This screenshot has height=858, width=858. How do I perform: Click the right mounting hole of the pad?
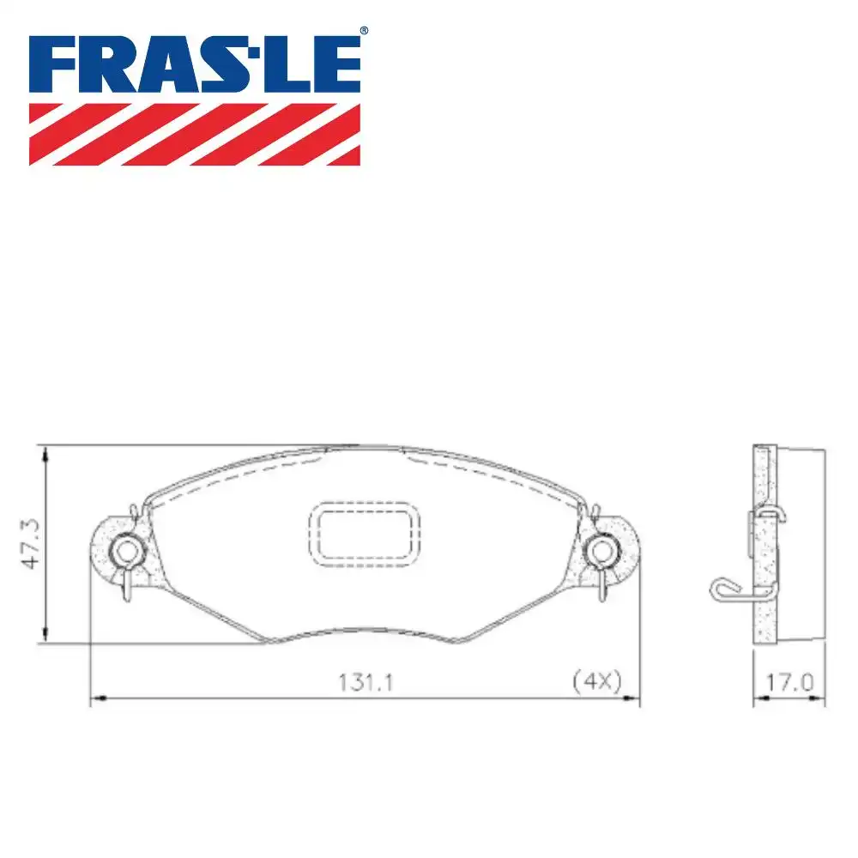601,550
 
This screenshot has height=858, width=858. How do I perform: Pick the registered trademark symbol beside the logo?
364,31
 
